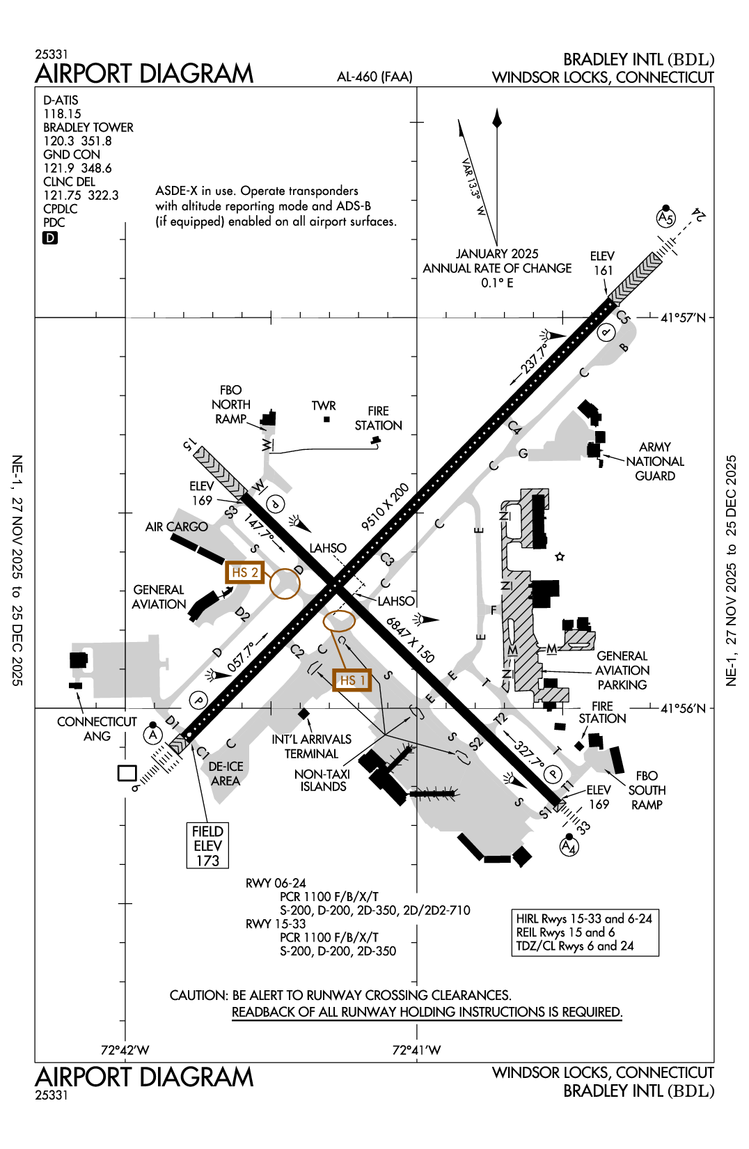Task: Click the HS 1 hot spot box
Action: pos(352,680)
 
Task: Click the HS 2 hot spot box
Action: pos(244,572)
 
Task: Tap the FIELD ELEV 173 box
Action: pos(207,845)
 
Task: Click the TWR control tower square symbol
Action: pos(326,419)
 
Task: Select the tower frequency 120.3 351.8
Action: pos(77,141)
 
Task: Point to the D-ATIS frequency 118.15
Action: pos(62,114)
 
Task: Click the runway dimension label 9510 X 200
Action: pos(385,507)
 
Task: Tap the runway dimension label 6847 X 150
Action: pos(410,640)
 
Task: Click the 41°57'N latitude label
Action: pos(682,318)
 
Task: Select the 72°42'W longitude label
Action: pos(125,1050)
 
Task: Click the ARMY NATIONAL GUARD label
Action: pos(654,461)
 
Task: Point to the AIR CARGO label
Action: pos(176,527)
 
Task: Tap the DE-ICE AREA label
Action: pos(226,774)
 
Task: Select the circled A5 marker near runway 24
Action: pos(665,218)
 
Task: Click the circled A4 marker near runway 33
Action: pos(569,847)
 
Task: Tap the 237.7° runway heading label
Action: pos(535,358)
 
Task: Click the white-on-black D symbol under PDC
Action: pos(50,238)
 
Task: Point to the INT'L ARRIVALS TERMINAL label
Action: pos(311,747)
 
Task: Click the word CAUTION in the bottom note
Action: pos(198,995)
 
